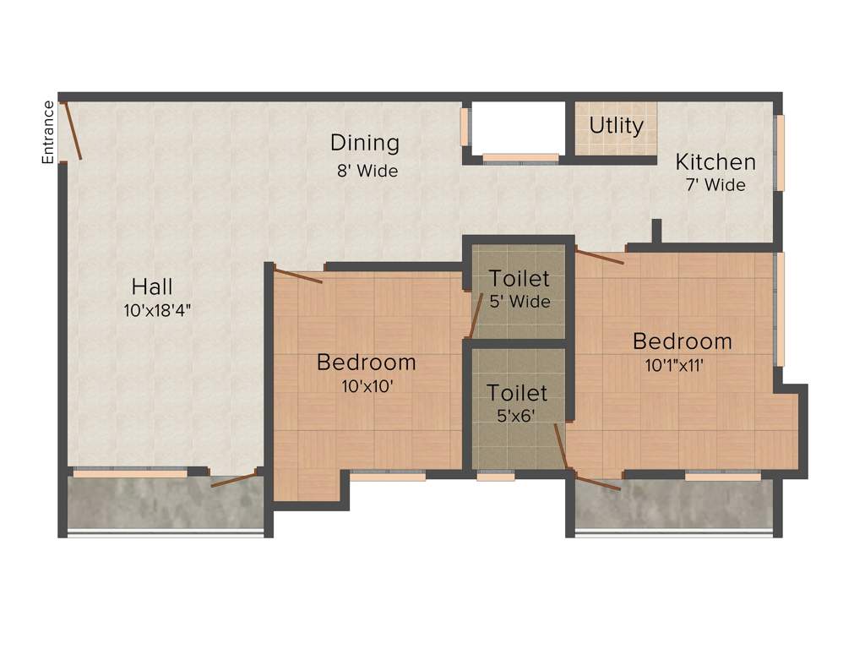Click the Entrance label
(49, 132)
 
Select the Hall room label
(152, 286)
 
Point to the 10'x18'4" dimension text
(157, 310)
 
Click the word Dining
(364, 143)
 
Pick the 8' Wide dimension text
(367, 171)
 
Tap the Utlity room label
(616, 126)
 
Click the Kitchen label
(715, 161)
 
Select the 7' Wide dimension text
(715, 185)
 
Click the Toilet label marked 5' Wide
(519, 278)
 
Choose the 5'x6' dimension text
(517, 416)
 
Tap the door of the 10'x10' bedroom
(298, 276)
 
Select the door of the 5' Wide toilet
(476, 315)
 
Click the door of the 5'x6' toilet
(561, 445)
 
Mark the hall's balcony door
(234, 479)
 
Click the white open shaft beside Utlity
(517, 127)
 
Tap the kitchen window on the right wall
(780, 152)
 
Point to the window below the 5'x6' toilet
(495, 477)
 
